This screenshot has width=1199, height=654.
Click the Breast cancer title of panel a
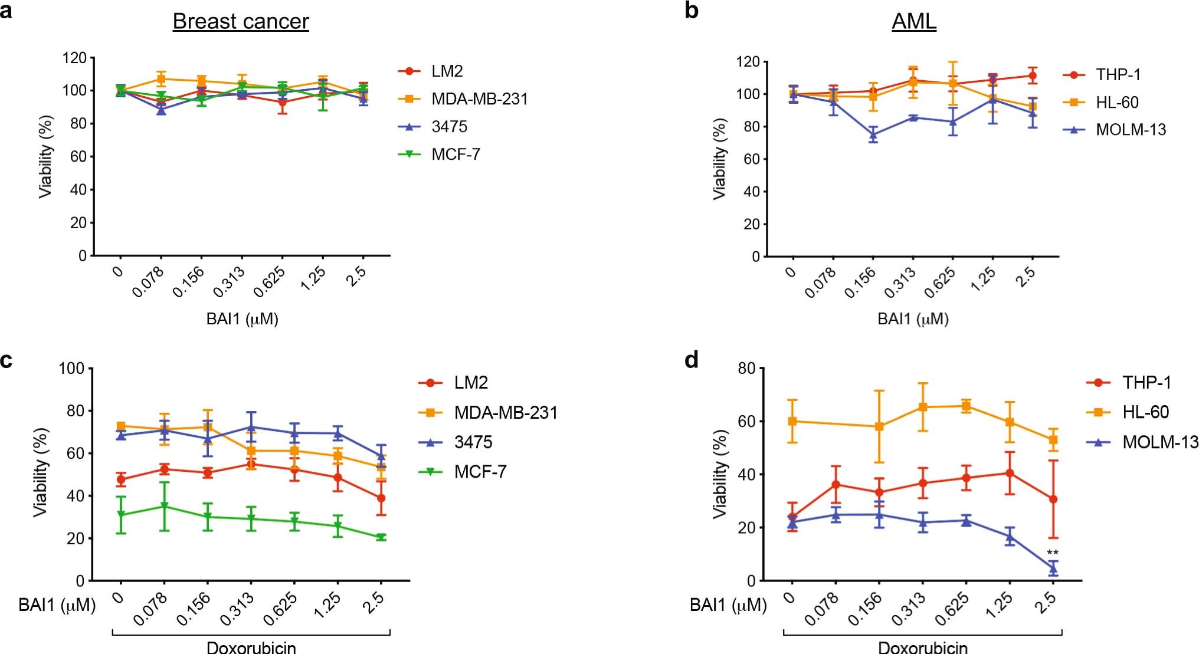click(x=240, y=22)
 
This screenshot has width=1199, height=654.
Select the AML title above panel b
click(x=913, y=22)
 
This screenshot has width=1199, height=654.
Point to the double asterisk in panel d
click(x=1052, y=553)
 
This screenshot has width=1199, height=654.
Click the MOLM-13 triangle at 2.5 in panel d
click(x=1053, y=568)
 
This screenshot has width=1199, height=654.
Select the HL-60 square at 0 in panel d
click(x=792, y=421)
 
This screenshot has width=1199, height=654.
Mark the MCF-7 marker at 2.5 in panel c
click(x=381, y=537)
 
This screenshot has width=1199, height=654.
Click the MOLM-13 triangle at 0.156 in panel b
click(x=873, y=134)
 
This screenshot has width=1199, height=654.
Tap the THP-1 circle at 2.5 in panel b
click(x=1032, y=75)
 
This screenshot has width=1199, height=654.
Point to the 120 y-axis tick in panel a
click(x=75, y=58)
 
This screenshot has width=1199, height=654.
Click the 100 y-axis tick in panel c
click(x=71, y=369)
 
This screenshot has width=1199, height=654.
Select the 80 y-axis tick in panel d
click(x=746, y=369)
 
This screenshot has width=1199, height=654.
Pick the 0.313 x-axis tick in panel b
click(x=900, y=282)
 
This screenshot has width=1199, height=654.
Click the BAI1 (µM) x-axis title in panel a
click(x=242, y=319)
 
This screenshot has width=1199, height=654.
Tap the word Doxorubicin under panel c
click(x=251, y=648)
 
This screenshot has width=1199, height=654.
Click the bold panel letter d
click(x=692, y=360)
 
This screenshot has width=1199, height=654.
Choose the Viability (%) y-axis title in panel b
click(x=719, y=159)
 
